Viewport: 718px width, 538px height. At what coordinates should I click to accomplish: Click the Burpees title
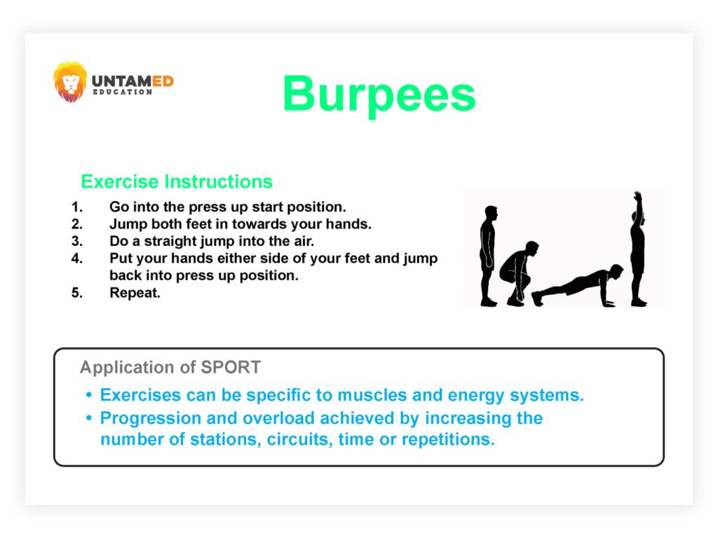379,95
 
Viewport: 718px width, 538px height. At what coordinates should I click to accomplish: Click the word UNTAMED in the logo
133,81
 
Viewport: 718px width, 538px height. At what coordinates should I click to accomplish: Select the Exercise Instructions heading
177,181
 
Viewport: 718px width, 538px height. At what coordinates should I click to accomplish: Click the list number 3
77,241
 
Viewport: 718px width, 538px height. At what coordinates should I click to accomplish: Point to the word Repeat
135,293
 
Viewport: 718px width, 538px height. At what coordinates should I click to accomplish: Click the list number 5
77,293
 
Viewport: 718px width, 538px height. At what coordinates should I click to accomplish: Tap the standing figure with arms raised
638,249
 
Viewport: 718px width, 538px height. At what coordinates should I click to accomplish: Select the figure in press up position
578,286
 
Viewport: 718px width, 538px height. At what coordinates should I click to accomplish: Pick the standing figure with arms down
489,256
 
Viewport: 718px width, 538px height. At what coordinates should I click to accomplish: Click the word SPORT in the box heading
231,367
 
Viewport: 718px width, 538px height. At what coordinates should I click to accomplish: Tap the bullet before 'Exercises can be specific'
89,394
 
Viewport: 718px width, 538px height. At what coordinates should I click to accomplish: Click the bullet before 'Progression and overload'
89,418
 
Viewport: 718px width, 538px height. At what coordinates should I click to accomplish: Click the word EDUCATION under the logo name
123,92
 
